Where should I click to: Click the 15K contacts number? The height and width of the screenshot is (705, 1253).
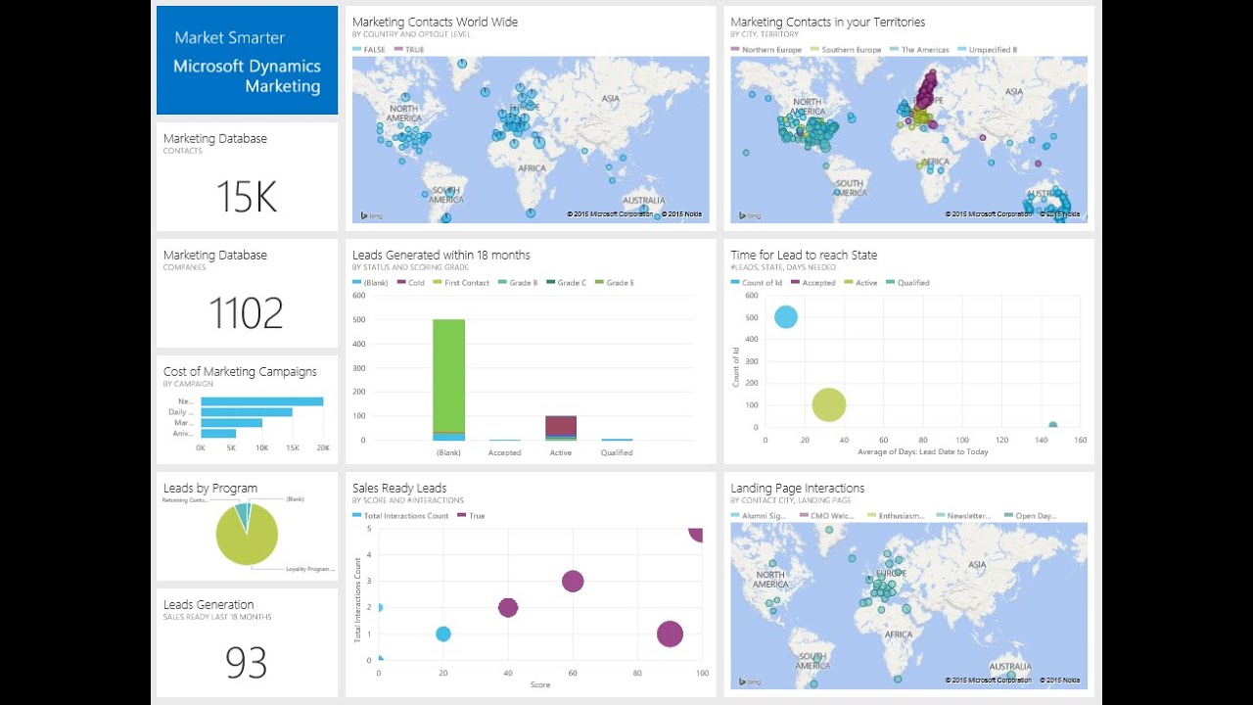click(247, 197)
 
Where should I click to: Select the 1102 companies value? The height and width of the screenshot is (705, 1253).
click(247, 313)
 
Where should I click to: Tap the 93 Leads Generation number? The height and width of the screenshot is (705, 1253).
click(247, 663)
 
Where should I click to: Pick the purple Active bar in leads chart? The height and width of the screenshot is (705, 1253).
click(561, 424)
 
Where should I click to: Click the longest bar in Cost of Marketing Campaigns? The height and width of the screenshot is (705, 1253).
click(261, 401)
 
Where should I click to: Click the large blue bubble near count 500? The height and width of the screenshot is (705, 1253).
click(785, 317)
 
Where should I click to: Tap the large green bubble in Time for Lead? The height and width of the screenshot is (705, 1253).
click(828, 404)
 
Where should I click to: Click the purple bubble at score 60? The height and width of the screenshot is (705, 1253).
click(573, 582)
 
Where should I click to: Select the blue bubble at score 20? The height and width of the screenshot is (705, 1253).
click(442, 634)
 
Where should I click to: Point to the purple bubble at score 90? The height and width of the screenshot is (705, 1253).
click(670, 634)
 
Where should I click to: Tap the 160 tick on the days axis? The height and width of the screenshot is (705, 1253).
click(1080, 441)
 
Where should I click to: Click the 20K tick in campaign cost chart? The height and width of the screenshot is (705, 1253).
click(323, 447)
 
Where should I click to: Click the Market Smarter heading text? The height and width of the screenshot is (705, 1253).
click(229, 38)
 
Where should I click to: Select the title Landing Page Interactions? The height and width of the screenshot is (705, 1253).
click(797, 488)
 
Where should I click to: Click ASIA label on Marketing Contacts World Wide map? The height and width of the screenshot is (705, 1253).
click(611, 98)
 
